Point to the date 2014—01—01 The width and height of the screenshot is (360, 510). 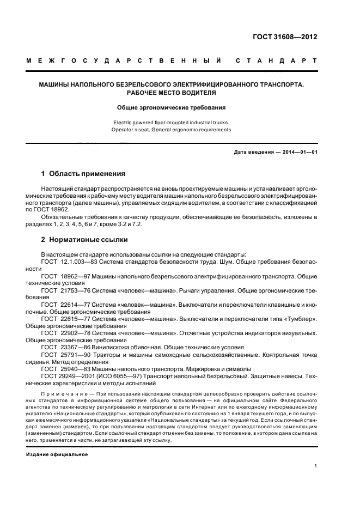coord(295,152)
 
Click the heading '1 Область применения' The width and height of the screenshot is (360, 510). coord(83,174)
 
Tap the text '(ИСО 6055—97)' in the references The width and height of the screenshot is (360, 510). coord(115,375)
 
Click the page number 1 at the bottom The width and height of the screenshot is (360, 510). coord(315,466)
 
